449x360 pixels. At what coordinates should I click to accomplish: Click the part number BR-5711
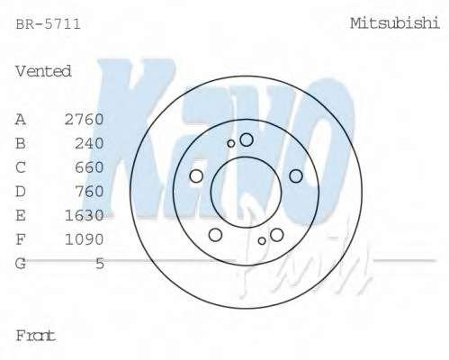tap(48, 24)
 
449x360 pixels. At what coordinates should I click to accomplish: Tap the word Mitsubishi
tap(395, 23)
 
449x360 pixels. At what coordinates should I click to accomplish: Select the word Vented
tap(43, 71)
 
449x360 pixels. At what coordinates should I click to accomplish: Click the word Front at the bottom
tap(36, 336)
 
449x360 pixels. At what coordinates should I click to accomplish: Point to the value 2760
tap(85, 120)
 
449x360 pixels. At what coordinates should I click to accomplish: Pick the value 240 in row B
tap(89, 143)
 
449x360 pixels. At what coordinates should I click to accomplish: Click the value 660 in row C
tap(89, 167)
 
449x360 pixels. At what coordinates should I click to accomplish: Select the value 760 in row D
tap(89, 192)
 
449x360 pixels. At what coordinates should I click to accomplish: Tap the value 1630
tap(85, 215)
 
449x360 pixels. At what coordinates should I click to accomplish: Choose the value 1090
tap(85, 239)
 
